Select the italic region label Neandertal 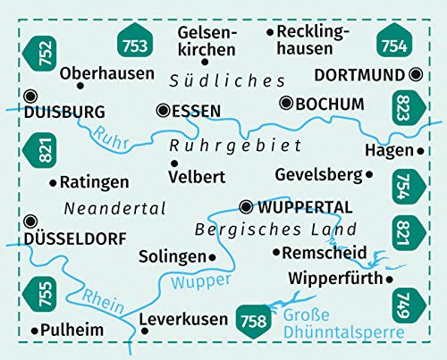click(115, 208)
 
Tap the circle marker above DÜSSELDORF click(31, 220)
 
